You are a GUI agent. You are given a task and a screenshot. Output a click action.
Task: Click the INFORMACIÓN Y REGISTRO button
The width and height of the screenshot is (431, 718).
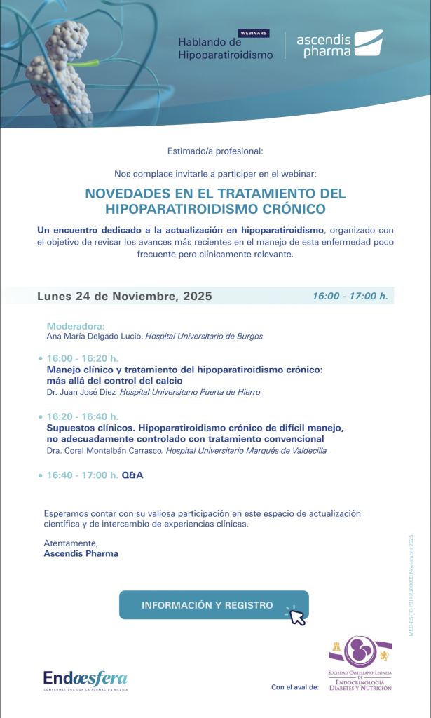tap(207, 604)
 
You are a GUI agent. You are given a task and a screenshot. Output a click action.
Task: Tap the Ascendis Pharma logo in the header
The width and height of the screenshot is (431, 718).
tap(339, 44)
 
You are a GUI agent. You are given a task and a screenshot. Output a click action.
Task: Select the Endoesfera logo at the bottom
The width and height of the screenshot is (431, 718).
tap(85, 679)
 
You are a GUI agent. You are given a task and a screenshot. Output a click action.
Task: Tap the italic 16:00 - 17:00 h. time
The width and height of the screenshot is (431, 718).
tap(350, 296)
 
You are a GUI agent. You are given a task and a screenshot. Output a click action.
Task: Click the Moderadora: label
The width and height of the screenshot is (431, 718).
tap(75, 326)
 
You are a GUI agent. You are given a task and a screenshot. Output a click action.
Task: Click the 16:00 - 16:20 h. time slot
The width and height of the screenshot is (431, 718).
tap(82, 358)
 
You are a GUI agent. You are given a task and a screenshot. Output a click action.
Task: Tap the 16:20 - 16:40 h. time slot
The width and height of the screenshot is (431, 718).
tap(82, 416)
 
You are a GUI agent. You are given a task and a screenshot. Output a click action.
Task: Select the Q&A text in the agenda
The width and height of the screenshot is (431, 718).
tap(132, 475)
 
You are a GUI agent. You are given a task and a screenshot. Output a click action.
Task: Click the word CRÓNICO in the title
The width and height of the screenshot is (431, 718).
tap(285, 209)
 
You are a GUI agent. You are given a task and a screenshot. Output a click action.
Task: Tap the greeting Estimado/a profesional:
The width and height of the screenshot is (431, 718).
tap(215, 151)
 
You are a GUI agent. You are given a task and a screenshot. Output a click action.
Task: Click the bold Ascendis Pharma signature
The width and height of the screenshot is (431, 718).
tap(81, 553)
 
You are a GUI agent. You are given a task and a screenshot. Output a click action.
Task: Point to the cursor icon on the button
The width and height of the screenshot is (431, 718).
tap(296, 616)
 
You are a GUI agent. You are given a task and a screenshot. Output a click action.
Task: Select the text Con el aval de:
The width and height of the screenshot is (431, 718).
tap(294, 687)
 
